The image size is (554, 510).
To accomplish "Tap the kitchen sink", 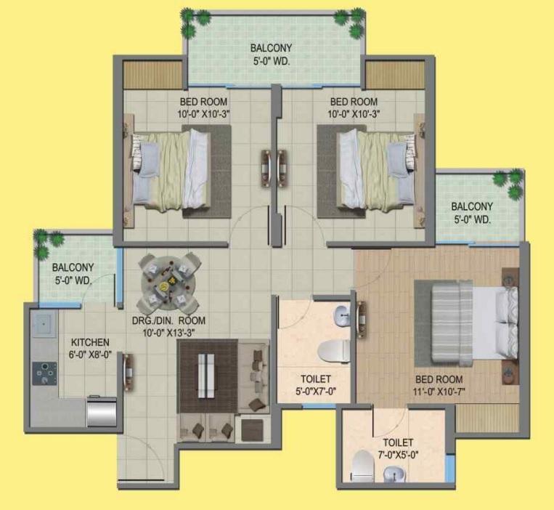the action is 44,324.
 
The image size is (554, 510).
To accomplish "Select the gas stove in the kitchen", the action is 45,373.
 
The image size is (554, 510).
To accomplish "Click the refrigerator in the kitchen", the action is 102,412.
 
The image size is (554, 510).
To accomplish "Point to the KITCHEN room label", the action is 90,342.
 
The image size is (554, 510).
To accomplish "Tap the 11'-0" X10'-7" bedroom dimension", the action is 439,392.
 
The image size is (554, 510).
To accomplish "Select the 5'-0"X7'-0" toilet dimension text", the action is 316,391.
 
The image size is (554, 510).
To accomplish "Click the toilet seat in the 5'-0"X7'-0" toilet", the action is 333,351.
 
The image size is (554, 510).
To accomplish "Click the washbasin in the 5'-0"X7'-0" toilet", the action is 342,314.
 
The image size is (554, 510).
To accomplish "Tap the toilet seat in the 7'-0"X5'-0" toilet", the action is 363,466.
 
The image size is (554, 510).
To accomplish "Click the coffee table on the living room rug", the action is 206,376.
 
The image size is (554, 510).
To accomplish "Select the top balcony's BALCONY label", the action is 271,48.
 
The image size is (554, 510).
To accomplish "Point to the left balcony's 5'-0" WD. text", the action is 73,280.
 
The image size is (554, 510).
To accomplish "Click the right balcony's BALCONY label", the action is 472,206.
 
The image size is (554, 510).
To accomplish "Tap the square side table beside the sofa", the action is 252,430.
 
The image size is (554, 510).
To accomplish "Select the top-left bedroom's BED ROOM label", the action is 203,102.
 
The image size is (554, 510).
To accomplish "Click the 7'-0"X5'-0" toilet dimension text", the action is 398,455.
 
